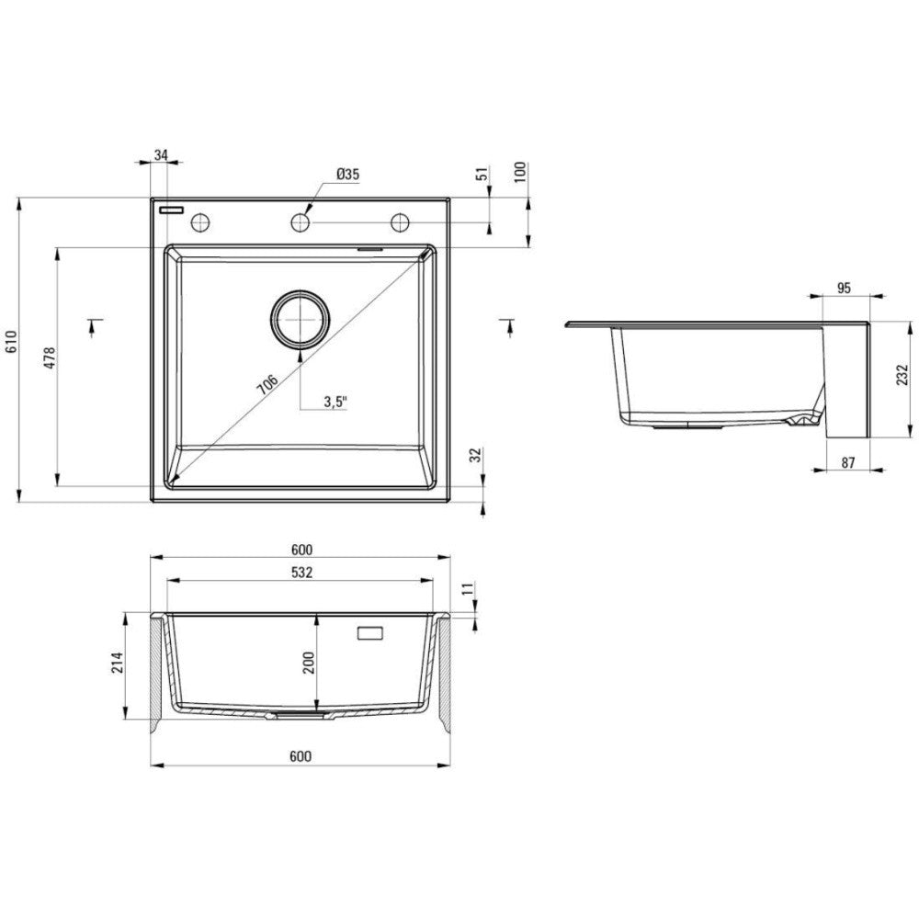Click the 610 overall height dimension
coord(12,342)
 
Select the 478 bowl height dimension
coord(50,358)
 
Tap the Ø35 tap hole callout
coord(348,174)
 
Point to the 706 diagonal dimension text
coord(267,384)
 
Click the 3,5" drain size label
coord(335,402)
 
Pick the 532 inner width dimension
coord(301,572)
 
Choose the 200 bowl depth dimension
coord(309,663)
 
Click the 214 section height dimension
coord(119,663)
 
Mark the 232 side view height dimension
coord(902,375)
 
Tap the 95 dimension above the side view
coord(844,288)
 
